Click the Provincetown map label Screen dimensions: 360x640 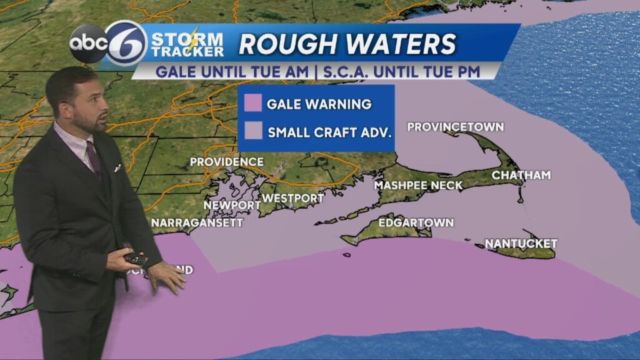coord(455,127)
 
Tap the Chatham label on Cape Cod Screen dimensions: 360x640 coord(521,175)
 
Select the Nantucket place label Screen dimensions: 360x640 coord(521,243)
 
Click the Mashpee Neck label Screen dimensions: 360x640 coord(418,185)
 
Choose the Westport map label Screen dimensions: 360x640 coord(292,198)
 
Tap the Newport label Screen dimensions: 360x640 coord(232,205)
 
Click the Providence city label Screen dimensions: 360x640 coord(226,162)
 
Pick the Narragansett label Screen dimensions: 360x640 coord(197,222)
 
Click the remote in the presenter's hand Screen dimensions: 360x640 coord(135,258)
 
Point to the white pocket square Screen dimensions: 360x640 coord(117,167)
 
